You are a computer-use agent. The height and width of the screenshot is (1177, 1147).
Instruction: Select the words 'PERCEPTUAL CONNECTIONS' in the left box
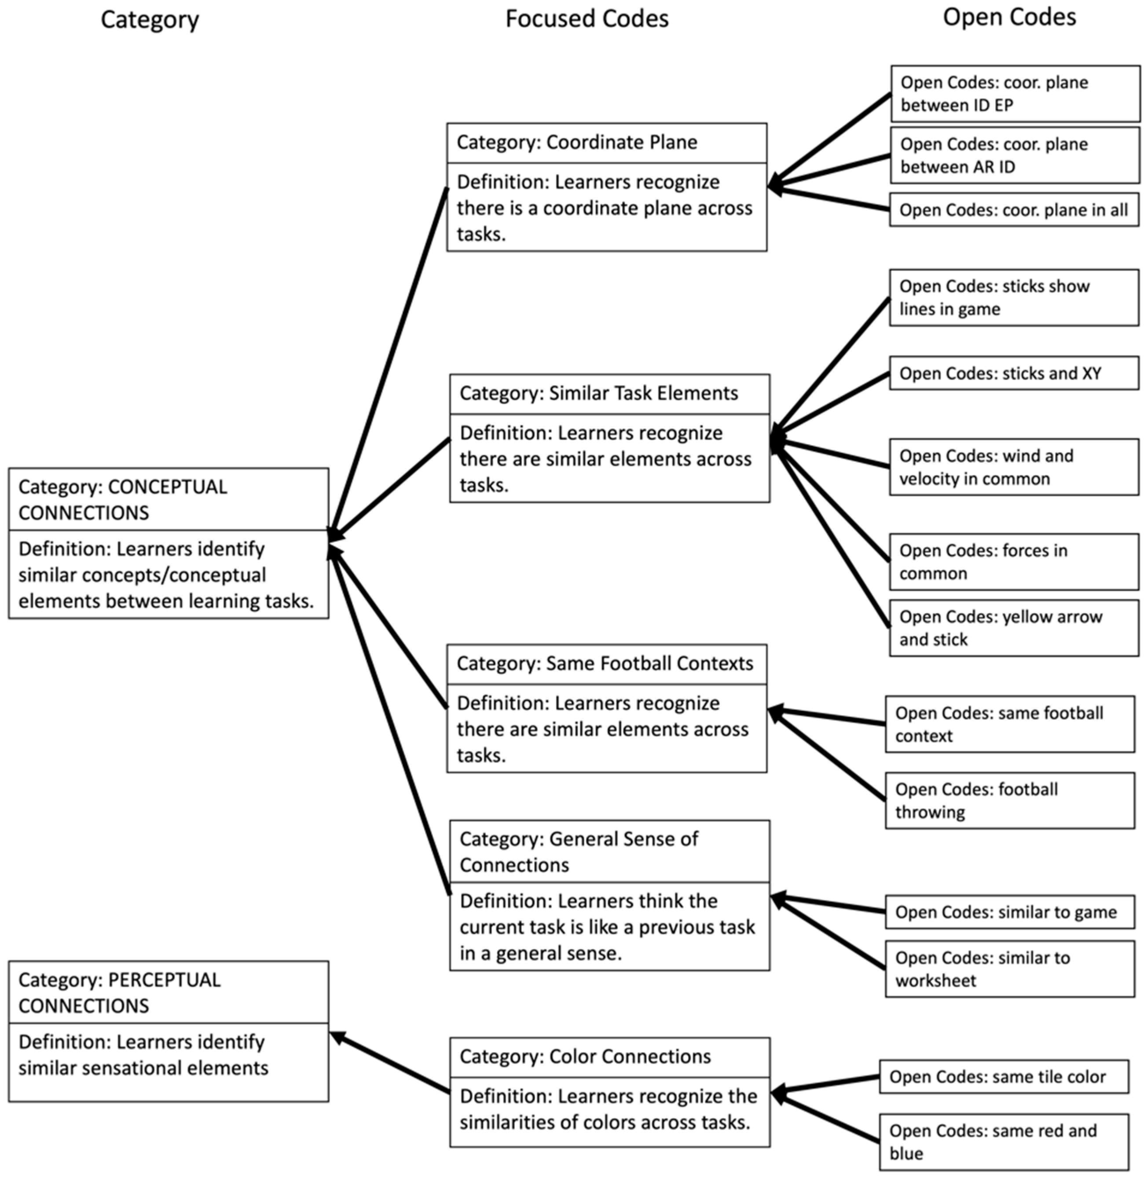point(119,993)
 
